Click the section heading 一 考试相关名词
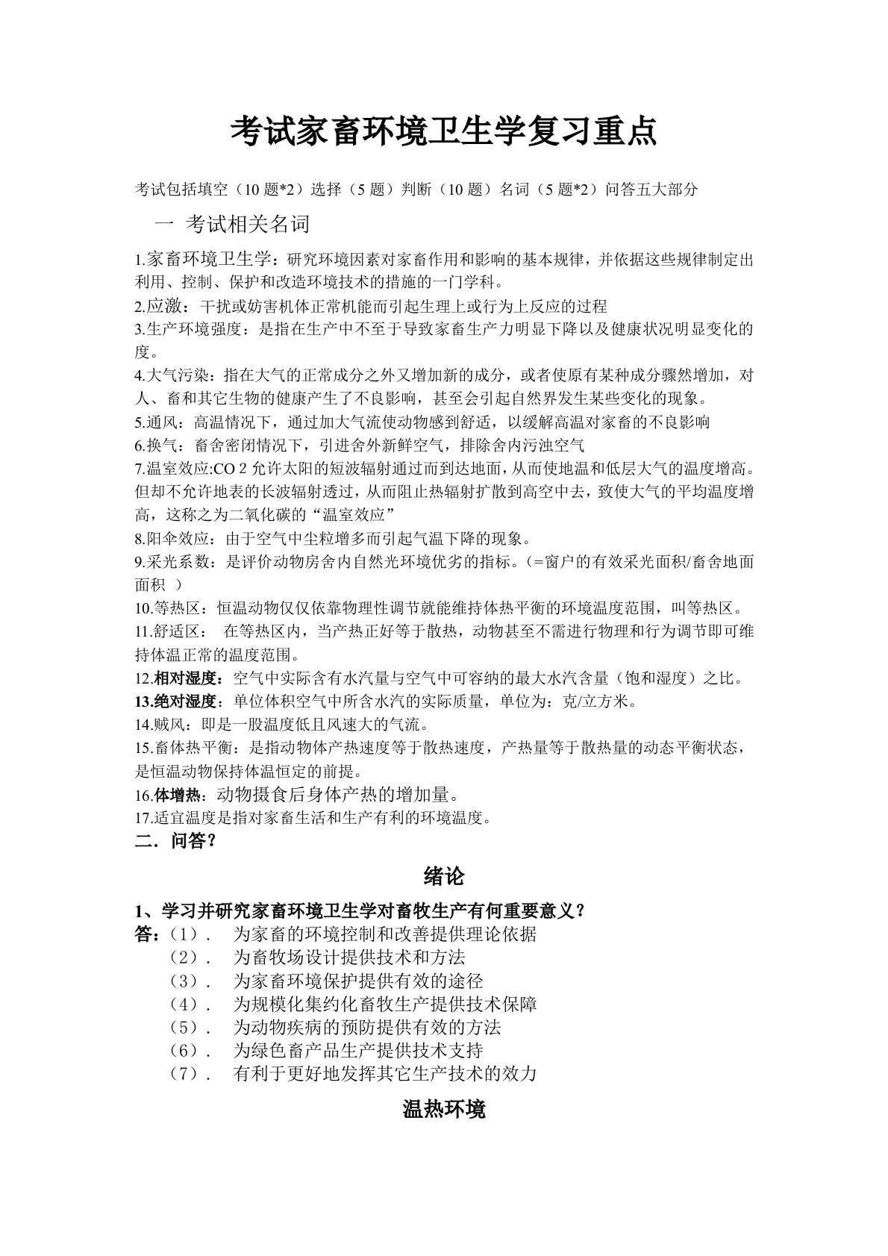click(x=231, y=224)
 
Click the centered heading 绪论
click(x=443, y=876)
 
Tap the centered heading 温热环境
click(x=443, y=1109)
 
